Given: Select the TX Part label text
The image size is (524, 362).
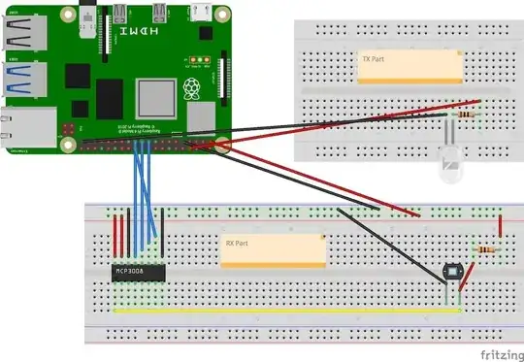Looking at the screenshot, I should click(x=374, y=59).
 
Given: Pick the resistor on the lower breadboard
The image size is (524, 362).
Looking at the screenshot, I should click(x=484, y=250).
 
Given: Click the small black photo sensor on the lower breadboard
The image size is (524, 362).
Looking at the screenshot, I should click(x=448, y=275).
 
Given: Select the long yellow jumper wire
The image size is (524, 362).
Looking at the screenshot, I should click(x=281, y=312).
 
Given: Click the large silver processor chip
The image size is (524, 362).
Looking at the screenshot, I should click(x=156, y=100).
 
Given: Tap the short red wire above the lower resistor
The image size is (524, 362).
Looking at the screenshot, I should click(x=500, y=224).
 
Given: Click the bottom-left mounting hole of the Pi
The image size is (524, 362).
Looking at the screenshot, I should click(x=67, y=145).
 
